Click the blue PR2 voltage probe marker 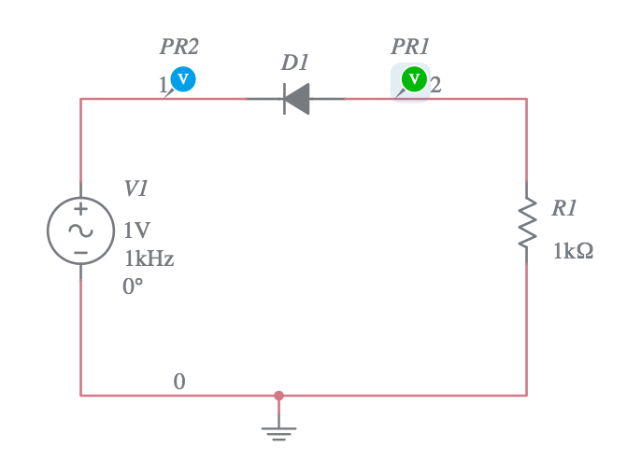183,79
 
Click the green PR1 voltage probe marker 414,79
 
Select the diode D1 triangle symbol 296,99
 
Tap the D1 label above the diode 294,63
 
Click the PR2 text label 178,47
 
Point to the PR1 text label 410,47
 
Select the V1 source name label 136,189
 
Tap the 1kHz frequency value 149,258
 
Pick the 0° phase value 133,286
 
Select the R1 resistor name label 564,209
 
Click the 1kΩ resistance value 573,251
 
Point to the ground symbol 278,431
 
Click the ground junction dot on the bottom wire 278,396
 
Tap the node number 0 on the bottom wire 179,382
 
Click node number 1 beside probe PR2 163,86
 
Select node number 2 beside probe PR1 435,86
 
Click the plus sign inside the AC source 80,210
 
